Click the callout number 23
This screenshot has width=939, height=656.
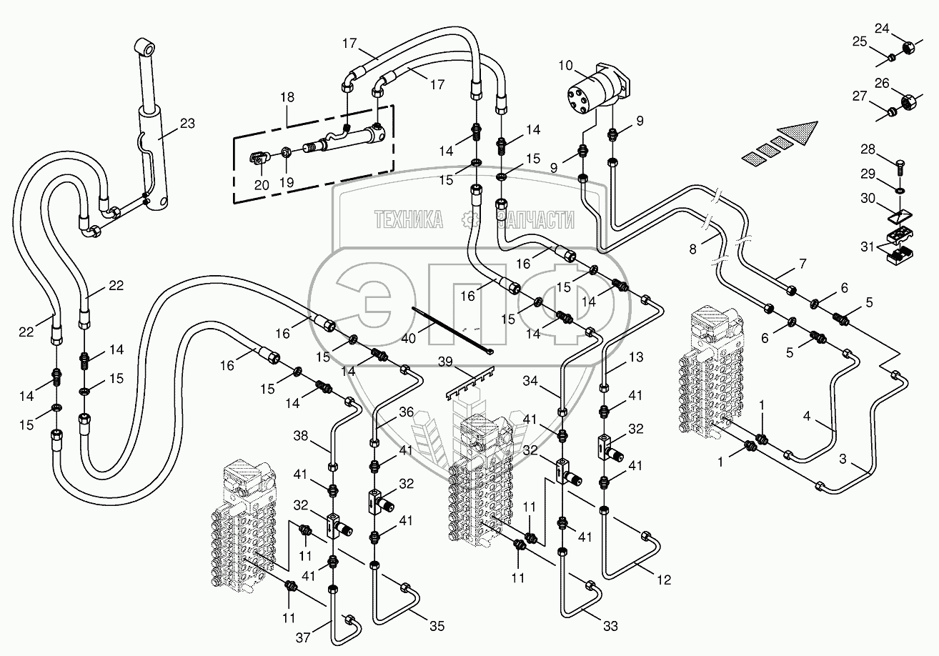click(187, 124)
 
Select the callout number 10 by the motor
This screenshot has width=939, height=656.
click(565, 66)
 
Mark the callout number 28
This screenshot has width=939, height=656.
click(868, 149)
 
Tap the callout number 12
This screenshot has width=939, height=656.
click(664, 580)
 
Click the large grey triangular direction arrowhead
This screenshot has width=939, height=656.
click(799, 134)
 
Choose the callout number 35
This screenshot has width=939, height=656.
click(437, 626)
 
